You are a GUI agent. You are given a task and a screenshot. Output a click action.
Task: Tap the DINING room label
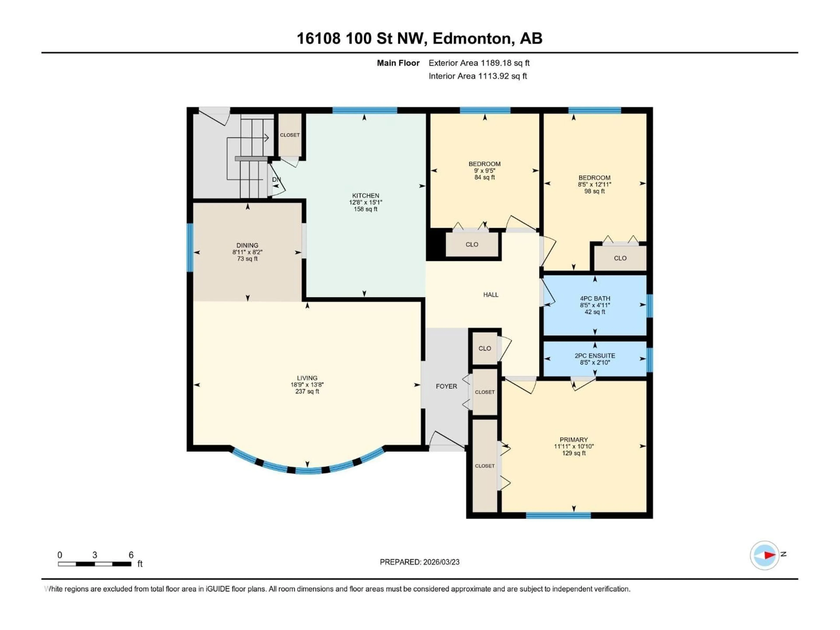pos(247,245)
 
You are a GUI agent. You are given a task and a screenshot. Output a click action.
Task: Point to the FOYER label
pos(446,386)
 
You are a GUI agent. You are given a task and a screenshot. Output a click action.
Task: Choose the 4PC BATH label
pos(595,298)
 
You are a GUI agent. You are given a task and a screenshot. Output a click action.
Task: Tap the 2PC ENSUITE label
pos(595,356)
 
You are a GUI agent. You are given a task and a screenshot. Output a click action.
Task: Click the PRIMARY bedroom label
pos(573,439)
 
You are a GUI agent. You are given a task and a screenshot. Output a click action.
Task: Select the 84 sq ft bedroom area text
pos(485,177)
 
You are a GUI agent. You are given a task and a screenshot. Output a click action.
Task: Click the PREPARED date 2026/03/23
pos(419,562)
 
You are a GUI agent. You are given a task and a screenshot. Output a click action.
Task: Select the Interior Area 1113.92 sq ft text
pos(478,76)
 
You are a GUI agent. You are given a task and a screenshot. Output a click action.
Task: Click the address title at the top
pos(419,38)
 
